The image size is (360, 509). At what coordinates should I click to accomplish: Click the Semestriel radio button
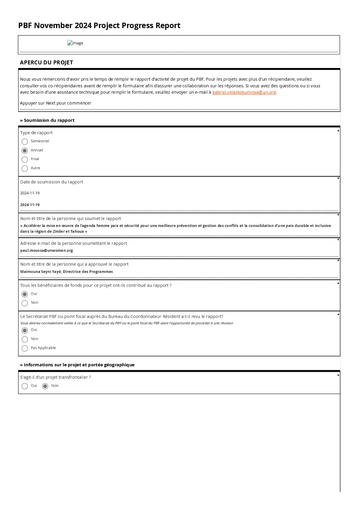click(x=25, y=141)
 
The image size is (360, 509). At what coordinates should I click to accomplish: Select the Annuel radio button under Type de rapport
click(x=25, y=151)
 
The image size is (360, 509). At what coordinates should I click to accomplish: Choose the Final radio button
click(x=25, y=159)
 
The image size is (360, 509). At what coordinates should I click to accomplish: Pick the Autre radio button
click(x=25, y=168)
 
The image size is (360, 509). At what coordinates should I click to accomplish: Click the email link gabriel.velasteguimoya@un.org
click(x=244, y=92)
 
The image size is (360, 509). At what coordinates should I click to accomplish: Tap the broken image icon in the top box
click(x=70, y=43)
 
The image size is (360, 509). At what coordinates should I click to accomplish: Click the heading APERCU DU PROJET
click(x=46, y=63)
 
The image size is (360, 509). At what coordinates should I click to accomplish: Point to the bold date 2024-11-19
click(x=30, y=205)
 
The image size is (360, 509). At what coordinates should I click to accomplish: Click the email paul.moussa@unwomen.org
click(x=47, y=251)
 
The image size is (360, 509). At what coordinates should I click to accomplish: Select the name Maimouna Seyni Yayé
click(x=41, y=272)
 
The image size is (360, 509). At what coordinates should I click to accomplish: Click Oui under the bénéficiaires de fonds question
click(x=25, y=294)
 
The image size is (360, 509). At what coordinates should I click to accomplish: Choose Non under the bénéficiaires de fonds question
click(x=25, y=303)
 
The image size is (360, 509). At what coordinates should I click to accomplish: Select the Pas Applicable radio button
click(x=25, y=348)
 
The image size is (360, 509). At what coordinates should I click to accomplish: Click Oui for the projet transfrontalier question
click(x=25, y=386)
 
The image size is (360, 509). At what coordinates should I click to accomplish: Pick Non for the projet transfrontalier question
click(x=45, y=386)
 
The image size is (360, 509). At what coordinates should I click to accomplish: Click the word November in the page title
click(x=53, y=26)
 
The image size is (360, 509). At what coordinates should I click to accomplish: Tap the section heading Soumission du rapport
click(x=49, y=120)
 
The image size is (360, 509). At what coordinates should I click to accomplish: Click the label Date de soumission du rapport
click(x=51, y=182)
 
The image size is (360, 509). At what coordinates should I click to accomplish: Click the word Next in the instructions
click(x=51, y=103)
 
